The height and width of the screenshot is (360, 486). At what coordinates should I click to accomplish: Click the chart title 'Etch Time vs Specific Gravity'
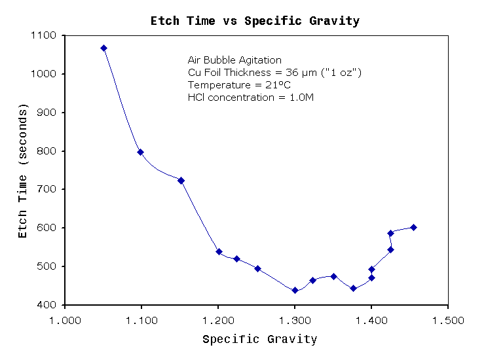pyautogui.click(x=255, y=21)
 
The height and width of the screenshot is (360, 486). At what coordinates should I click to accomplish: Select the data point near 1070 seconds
pyautogui.click(x=104, y=48)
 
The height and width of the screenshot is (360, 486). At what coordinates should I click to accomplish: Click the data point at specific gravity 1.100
pyautogui.click(x=140, y=152)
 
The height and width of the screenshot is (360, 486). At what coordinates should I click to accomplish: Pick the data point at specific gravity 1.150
pyautogui.click(x=181, y=181)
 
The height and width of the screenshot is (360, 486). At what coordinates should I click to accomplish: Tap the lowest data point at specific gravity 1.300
pyautogui.click(x=295, y=291)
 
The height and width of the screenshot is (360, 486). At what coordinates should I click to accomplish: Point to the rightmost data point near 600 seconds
pyautogui.click(x=413, y=227)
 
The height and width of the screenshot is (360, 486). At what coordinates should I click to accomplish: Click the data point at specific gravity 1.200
pyautogui.click(x=219, y=251)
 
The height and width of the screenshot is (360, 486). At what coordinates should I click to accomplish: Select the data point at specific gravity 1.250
pyautogui.click(x=257, y=268)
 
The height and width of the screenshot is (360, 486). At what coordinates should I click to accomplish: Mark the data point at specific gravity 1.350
pyautogui.click(x=333, y=276)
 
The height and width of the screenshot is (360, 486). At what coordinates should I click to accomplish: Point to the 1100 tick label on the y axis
pyautogui.click(x=43, y=35)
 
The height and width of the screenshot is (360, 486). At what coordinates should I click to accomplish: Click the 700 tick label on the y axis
pyautogui.click(x=47, y=189)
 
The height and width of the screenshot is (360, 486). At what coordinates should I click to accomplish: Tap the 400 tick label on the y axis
pyautogui.click(x=47, y=305)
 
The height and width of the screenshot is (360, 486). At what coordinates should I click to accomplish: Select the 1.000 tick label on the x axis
pyautogui.click(x=65, y=320)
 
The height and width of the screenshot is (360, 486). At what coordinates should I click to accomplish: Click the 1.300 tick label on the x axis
pyautogui.click(x=295, y=320)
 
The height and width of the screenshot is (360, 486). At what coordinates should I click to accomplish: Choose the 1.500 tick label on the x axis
pyautogui.click(x=448, y=320)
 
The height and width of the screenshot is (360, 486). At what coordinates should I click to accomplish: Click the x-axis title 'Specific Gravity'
pyautogui.click(x=260, y=340)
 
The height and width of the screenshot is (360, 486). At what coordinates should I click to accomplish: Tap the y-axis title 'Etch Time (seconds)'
pyautogui.click(x=23, y=171)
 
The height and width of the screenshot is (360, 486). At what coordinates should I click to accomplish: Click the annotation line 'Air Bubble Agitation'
pyautogui.click(x=234, y=60)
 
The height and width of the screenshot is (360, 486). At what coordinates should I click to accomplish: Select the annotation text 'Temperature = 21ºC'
pyautogui.click(x=239, y=85)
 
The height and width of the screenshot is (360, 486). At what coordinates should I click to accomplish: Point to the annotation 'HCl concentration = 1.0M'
pyautogui.click(x=251, y=98)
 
